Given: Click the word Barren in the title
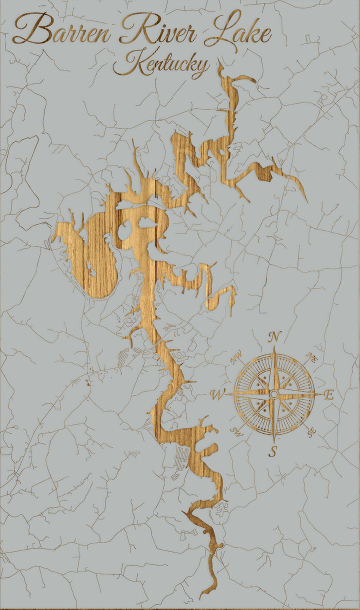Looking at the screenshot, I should [x=62, y=31].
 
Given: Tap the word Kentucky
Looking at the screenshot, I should [x=161, y=64].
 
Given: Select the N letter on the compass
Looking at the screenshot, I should [x=274, y=337].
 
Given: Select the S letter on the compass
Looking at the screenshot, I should [x=273, y=451].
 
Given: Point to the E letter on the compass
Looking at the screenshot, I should [x=328, y=395].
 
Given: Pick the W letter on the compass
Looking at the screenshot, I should [x=217, y=395].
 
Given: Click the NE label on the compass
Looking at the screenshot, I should [x=312, y=357].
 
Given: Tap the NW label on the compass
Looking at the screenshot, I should [x=235, y=356].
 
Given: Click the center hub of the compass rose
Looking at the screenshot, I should [x=273, y=394].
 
